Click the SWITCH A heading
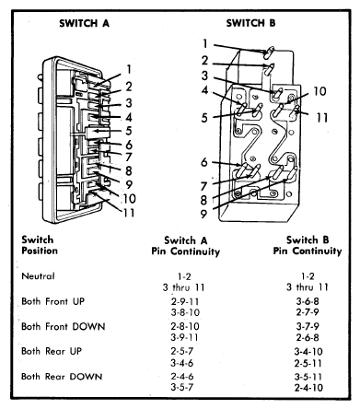84,23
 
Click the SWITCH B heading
250,23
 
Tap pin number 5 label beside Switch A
129,131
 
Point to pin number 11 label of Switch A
129,213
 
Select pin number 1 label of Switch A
129,69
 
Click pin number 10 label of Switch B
319,91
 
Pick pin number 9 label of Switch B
203,214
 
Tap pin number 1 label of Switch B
205,44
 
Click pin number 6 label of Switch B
204,162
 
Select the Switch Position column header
40,245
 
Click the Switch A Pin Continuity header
186,246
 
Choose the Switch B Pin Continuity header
308,245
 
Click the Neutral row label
38,276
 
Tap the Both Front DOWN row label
64,326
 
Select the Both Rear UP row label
52,351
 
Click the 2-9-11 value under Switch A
185,301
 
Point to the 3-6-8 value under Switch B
308,301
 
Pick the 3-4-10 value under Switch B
308,352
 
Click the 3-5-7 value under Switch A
182,387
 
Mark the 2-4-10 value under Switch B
308,388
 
